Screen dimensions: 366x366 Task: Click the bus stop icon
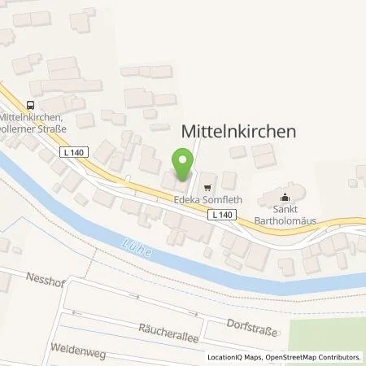point(30,104)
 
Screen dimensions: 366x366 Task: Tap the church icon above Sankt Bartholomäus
point(285,196)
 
